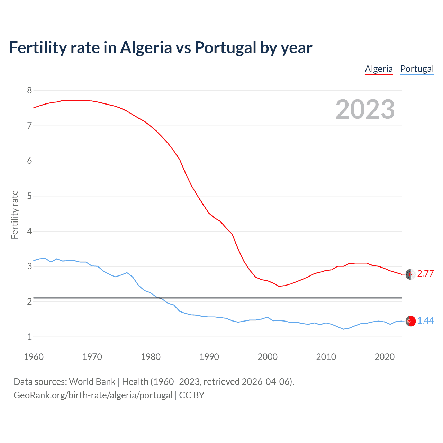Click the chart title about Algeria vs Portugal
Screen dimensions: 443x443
coord(161,48)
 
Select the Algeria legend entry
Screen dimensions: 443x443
coord(379,69)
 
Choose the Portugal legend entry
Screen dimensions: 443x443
coord(417,69)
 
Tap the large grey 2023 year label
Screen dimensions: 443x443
coord(365,109)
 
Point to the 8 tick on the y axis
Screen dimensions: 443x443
coord(29,91)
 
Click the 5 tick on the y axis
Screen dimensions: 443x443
coord(29,196)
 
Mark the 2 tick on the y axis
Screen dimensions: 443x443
coord(29,301)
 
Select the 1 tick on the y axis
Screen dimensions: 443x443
coord(29,337)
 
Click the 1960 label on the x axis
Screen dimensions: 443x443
coord(34,357)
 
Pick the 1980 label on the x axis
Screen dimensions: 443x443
coord(151,357)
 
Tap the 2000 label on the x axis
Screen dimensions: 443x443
coord(268,357)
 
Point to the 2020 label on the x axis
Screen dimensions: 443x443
coord(385,357)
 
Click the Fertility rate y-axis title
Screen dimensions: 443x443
coord(15,215)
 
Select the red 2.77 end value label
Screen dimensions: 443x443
coord(425,273)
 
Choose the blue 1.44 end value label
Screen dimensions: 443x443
coord(425,321)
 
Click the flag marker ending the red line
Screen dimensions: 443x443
coord(410,274)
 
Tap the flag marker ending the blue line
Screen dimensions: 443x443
coord(410,321)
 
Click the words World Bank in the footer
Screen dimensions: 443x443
coord(92,382)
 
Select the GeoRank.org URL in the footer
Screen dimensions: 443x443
coord(93,395)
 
